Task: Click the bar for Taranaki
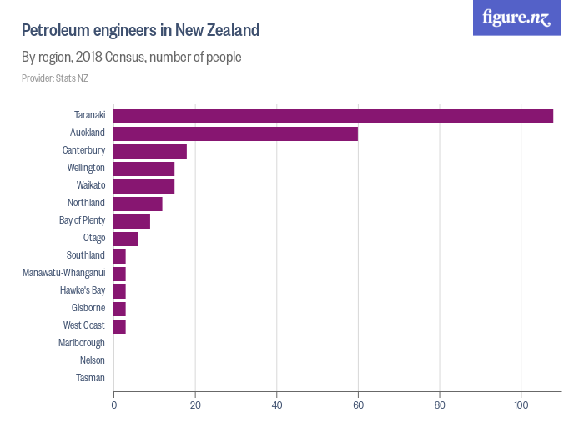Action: point(333,116)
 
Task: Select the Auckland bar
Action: point(235,133)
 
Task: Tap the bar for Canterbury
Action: point(150,151)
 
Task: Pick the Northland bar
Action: point(138,204)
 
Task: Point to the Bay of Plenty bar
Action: point(132,221)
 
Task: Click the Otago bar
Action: point(126,239)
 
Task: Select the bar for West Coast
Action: point(119,325)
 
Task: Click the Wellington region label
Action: point(86,168)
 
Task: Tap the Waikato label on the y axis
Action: point(90,185)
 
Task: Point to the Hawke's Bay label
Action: point(83,290)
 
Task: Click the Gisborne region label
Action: point(88,308)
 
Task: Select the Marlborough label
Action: point(82,343)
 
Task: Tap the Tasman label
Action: point(90,378)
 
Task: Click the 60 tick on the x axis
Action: point(358,405)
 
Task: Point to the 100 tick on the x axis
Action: point(521,405)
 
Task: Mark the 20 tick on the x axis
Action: point(195,405)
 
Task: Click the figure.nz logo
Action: point(516,18)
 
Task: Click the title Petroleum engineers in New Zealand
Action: point(140,31)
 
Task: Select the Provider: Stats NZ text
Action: point(54,78)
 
